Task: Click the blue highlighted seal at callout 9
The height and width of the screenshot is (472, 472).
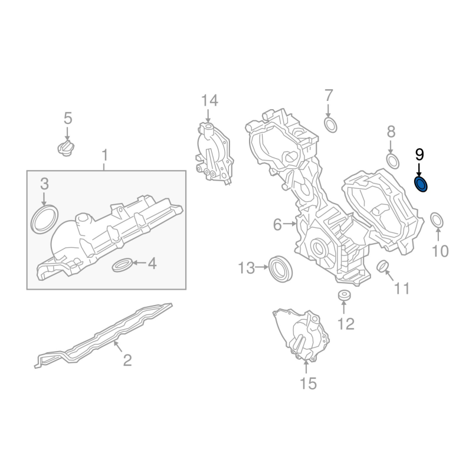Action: (422, 184)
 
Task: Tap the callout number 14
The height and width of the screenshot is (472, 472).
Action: (209, 100)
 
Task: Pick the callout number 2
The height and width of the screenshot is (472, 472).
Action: (127, 359)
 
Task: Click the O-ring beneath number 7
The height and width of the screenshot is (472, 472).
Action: (330, 124)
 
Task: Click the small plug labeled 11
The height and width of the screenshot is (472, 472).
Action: (382, 267)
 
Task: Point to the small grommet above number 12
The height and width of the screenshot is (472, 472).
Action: (343, 294)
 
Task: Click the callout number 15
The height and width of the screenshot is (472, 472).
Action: (308, 384)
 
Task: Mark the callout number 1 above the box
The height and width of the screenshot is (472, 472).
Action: (104, 156)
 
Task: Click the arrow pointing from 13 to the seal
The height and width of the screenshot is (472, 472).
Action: (262, 268)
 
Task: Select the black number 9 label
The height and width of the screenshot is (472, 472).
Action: (419, 155)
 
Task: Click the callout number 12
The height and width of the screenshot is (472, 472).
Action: (345, 323)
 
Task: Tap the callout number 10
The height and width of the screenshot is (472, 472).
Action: (440, 251)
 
